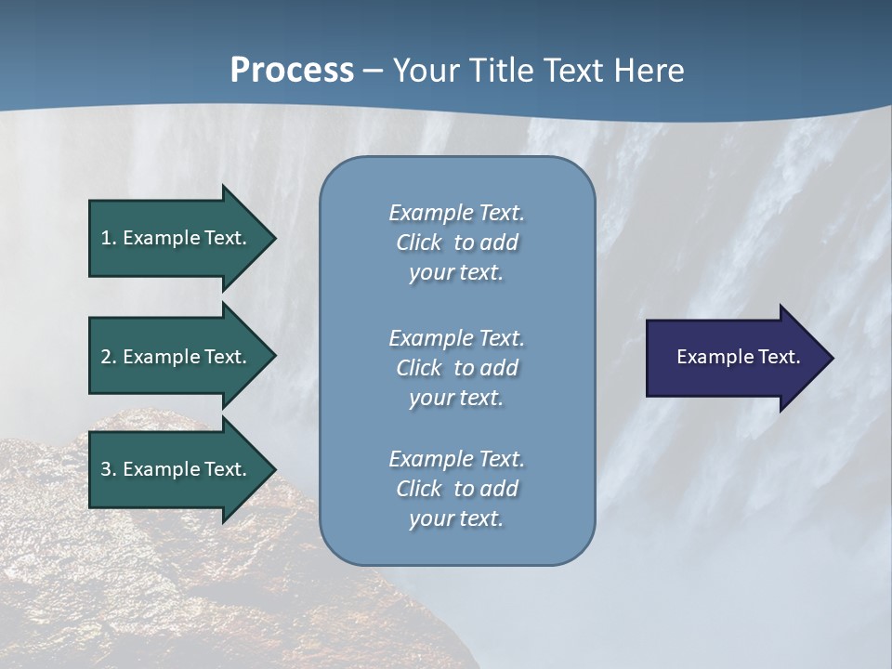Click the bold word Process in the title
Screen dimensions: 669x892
292,71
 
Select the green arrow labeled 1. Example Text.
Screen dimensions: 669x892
177,238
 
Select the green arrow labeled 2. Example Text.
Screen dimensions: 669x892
177,357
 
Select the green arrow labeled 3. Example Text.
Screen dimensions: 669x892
177,469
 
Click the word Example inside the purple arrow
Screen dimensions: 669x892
709,357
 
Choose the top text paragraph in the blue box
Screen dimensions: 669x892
456,243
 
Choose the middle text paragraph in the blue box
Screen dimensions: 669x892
456,367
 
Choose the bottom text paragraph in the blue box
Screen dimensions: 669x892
456,488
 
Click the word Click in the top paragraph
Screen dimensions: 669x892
418,243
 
